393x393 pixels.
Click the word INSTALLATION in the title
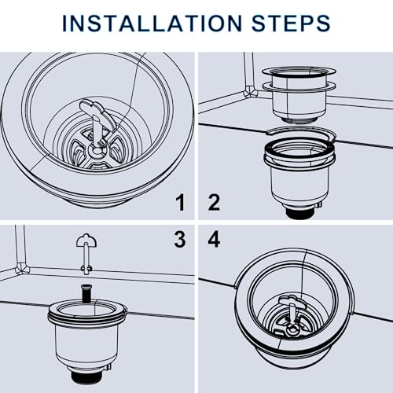pyautogui.click(x=152, y=24)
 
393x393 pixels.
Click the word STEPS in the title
pyautogui.click(x=291, y=24)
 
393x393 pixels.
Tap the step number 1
pyautogui.click(x=180, y=203)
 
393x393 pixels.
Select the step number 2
pyautogui.click(x=214, y=203)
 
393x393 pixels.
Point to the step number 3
pyautogui.click(x=180, y=240)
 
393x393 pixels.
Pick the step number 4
pyautogui.click(x=214, y=240)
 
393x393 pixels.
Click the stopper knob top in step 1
pyautogui.click(x=97, y=111)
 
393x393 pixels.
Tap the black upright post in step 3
pyautogui.click(x=86, y=292)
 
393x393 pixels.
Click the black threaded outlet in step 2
pyautogui.click(x=299, y=213)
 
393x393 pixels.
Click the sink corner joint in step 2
pyautogui.click(x=250, y=92)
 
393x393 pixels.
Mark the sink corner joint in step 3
pyautogui.click(x=22, y=268)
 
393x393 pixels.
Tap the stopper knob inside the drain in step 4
pyautogui.click(x=292, y=307)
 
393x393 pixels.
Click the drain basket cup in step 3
pyautogui.click(x=87, y=338)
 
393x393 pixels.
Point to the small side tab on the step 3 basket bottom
pyautogui.click(x=108, y=367)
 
